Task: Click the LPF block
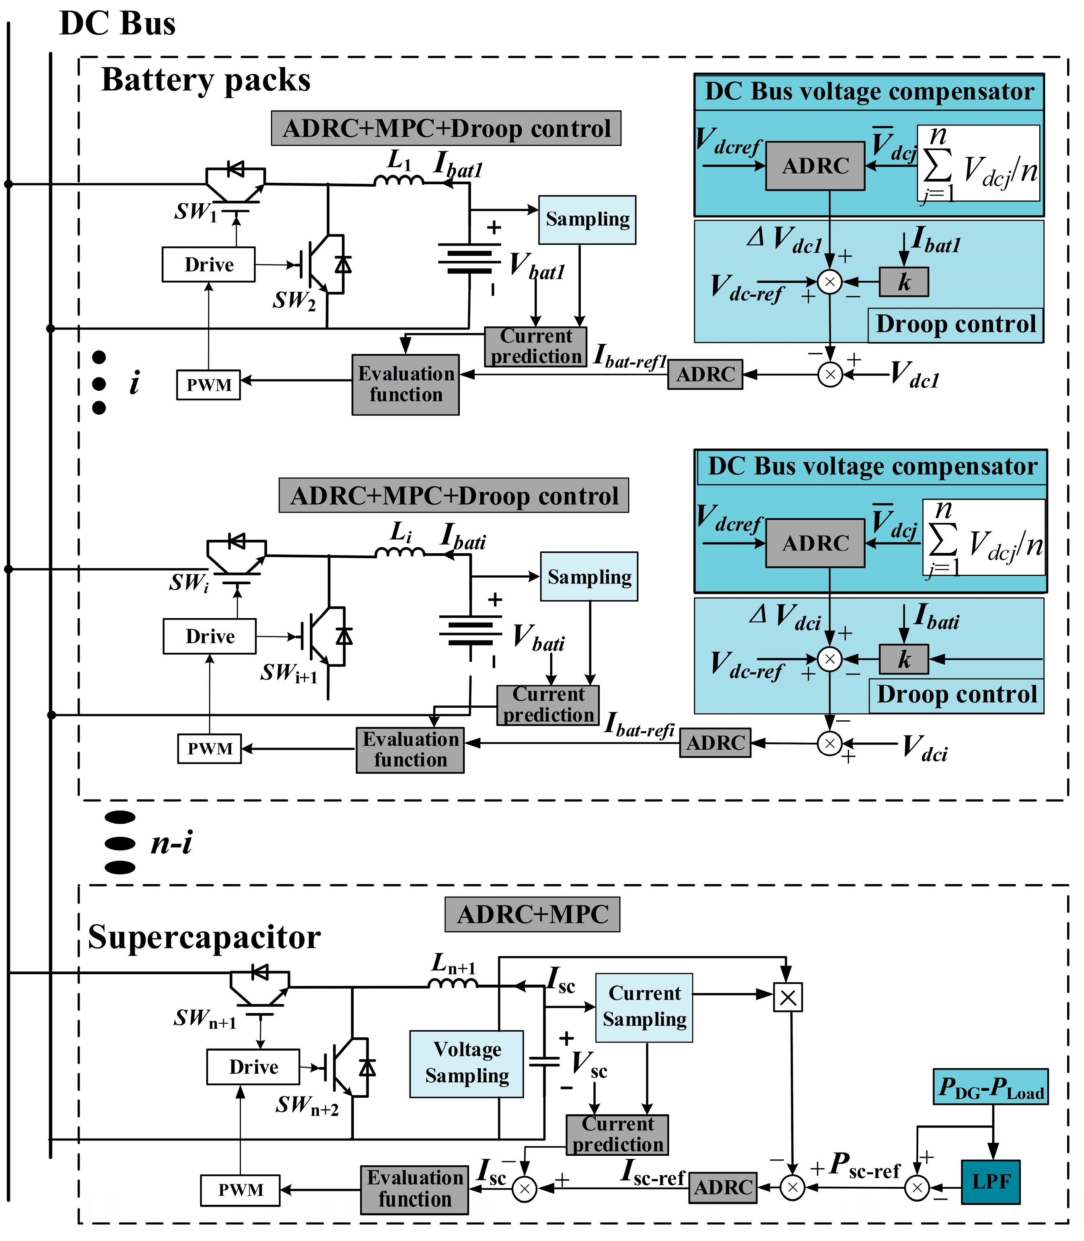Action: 990,1182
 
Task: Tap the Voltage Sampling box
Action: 467,1064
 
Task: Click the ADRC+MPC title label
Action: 532,914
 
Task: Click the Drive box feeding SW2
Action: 209,264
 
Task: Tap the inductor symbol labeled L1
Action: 398,180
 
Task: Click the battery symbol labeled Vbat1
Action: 469,259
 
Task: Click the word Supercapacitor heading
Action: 204,938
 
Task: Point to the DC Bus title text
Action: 117,24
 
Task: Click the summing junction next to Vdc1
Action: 830,375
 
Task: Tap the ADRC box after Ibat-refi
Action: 715,742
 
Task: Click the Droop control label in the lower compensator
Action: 956,695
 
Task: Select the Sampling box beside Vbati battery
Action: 589,577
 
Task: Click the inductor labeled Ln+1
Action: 453,984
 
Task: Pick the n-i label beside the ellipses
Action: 172,842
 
